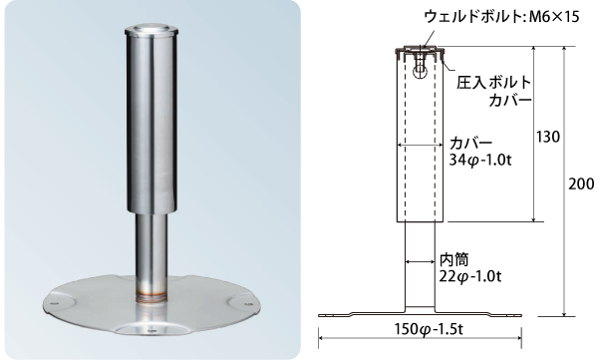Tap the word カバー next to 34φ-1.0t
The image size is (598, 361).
(x=464, y=142)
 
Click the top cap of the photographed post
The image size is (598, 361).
(x=153, y=33)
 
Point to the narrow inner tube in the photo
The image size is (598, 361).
(x=152, y=249)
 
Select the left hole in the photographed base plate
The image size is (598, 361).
(x=49, y=297)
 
